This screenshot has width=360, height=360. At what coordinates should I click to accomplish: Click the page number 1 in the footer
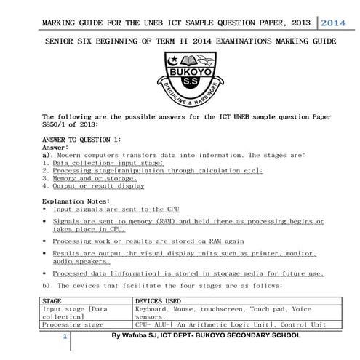tap(65, 338)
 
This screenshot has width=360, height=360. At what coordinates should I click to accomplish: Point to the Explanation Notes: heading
tap(76, 201)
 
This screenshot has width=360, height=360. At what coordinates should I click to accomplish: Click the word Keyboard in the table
tap(152, 308)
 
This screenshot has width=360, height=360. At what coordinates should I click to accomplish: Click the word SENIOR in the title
tap(60, 41)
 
